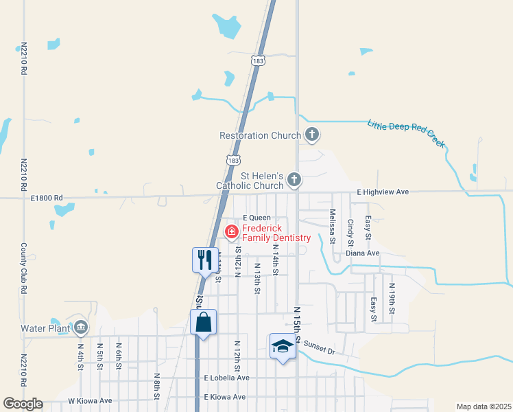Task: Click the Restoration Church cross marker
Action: [x=312, y=135]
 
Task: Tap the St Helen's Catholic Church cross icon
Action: [x=294, y=180]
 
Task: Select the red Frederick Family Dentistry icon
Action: [x=232, y=232]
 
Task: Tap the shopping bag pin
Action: [x=204, y=323]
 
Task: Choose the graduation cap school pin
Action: [x=282, y=347]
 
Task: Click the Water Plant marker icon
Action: [x=82, y=327]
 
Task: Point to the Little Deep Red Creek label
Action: [x=407, y=134]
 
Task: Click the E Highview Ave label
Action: [x=383, y=192]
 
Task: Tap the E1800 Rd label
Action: [x=47, y=198]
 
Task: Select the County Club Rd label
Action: [x=23, y=268]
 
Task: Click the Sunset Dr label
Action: [x=319, y=349]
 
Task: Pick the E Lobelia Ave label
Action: [x=226, y=378]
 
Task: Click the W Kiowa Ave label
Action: [x=89, y=400]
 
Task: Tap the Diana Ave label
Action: [x=363, y=253]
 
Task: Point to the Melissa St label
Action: [x=332, y=227]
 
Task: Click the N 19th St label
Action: [x=392, y=299]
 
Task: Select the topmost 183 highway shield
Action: [x=258, y=61]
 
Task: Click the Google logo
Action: [x=23, y=404]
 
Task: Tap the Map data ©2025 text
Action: [x=484, y=407]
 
